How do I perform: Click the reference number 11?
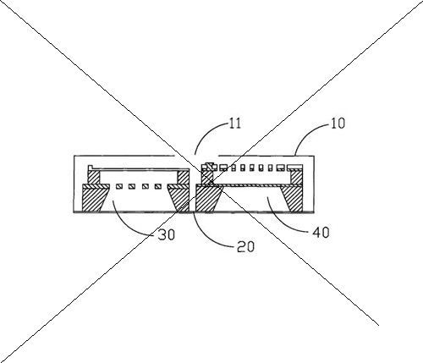[235, 124]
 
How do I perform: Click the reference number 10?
[338, 124]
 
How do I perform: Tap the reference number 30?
[167, 234]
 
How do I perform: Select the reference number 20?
[245, 246]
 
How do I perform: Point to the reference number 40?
[321, 232]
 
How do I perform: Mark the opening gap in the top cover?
[196, 156]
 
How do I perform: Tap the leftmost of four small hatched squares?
[119, 186]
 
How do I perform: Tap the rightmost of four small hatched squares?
[158, 186]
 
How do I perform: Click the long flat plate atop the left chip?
[138, 169]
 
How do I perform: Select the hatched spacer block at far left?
[94, 178]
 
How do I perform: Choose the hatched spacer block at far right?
[296, 177]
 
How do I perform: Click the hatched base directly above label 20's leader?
[207, 199]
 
